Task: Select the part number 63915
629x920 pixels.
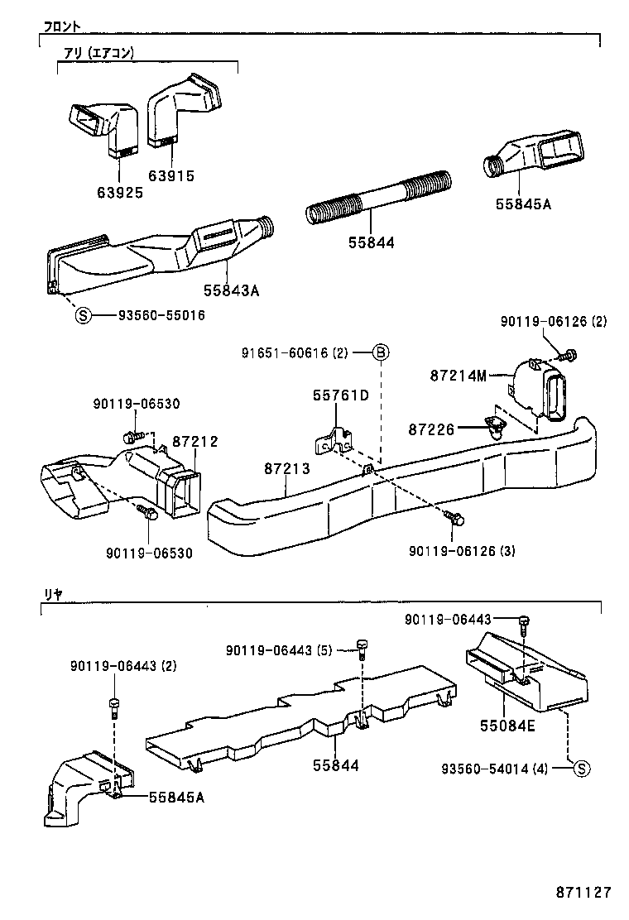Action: click(x=171, y=175)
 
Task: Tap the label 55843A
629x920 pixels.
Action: click(x=232, y=290)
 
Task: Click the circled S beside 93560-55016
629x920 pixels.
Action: click(x=83, y=315)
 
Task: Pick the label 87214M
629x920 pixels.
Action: click(x=458, y=375)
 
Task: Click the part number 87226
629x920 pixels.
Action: click(x=431, y=429)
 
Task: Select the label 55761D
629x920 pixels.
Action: click(x=340, y=395)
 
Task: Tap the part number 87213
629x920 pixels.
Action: click(x=287, y=469)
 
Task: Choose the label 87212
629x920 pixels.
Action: click(x=195, y=442)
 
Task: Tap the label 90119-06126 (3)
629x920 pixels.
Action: click(x=462, y=550)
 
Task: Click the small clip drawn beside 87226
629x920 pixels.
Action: click(x=494, y=426)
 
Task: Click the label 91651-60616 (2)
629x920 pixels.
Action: click(x=295, y=353)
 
